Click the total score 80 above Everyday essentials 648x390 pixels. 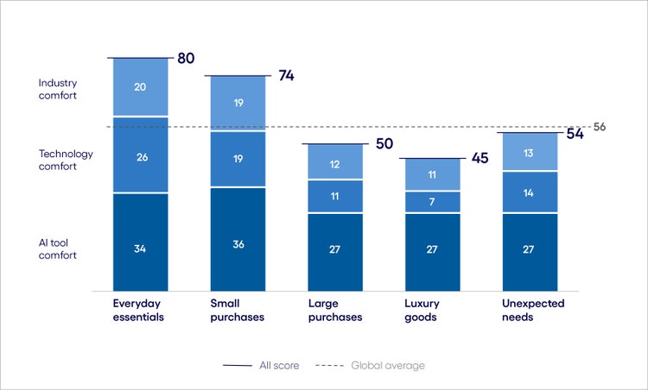186,59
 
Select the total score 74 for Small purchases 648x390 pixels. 286,76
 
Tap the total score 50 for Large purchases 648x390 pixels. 384,143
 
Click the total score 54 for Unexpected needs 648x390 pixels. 575,134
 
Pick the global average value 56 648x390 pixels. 600,127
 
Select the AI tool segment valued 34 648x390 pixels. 140,249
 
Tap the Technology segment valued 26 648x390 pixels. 140,156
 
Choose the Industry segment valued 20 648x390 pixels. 140,87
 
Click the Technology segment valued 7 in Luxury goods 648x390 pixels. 432,202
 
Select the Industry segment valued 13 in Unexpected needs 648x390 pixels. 530,153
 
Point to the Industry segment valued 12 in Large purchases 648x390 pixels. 335,163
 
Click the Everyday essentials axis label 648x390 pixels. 139,311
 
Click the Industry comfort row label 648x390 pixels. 58,90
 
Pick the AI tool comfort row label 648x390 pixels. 58,248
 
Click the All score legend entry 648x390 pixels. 262,366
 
